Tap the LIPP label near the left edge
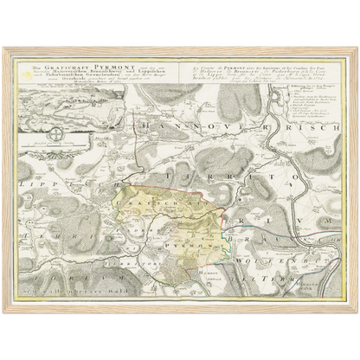tap(33, 188)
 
